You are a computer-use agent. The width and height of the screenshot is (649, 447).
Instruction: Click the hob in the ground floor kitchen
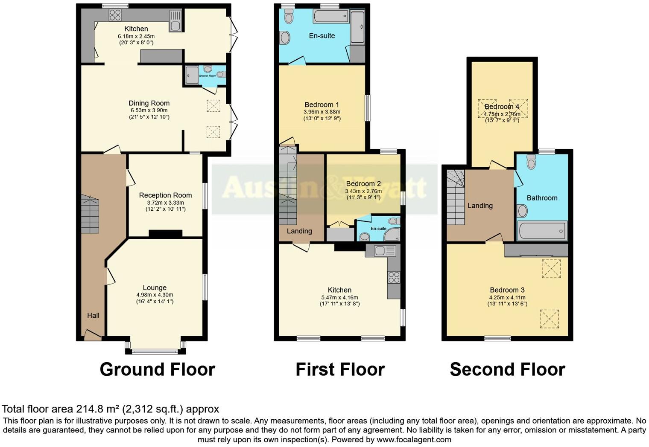pos(115,15)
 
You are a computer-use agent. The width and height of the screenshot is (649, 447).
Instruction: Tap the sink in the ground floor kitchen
pos(175,21)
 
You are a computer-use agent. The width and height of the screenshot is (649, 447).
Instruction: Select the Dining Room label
pos(149,103)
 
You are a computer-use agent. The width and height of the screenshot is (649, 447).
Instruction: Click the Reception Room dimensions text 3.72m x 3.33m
pos(166,203)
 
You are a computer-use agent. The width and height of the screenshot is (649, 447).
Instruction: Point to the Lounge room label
pos(155,288)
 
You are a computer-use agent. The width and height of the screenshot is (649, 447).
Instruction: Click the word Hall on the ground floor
pos(93,316)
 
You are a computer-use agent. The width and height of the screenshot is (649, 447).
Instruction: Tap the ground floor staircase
pos(90,215)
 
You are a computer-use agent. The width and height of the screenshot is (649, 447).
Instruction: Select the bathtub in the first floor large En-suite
pos(331,17)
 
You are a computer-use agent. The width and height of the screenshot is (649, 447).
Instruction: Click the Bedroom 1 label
pos(322,105)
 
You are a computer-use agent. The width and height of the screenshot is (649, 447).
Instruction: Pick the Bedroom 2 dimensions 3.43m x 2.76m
pos(363,191)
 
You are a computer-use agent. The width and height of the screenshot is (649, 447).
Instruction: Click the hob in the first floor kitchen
pos(394,277)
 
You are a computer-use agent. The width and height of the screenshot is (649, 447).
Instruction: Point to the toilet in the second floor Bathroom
pos(531,162)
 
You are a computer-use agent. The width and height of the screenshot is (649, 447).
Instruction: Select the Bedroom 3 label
pos(507,290)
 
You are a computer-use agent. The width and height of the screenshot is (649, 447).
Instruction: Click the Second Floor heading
pos(507,369)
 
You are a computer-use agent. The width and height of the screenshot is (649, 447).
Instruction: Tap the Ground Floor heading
pos(157,369)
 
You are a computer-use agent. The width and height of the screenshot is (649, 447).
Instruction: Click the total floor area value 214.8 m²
pos(98,409)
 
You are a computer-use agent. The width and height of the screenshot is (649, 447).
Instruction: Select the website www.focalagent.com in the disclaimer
pos(413,440)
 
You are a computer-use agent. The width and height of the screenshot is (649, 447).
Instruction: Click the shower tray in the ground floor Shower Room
pos(192,75)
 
